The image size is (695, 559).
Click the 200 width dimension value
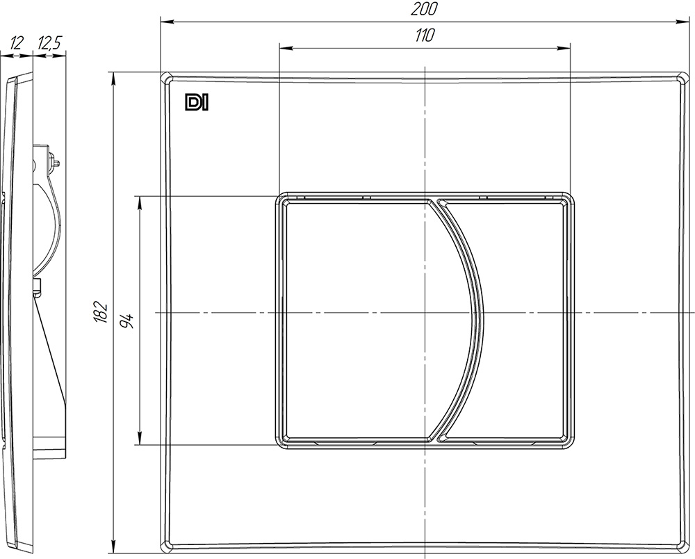tap(424, 9)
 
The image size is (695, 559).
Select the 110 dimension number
tap(424, 35)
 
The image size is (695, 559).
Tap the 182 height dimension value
tap(101, 312)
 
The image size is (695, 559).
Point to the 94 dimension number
tap(127, 320)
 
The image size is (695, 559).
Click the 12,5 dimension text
tap(49, 43)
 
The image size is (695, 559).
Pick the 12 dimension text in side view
tap(17, 43)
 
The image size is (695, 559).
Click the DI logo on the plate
tap(197, 102)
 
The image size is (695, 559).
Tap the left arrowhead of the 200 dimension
tap(166, 21)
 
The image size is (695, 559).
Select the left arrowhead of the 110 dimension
tap(285, 48)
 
